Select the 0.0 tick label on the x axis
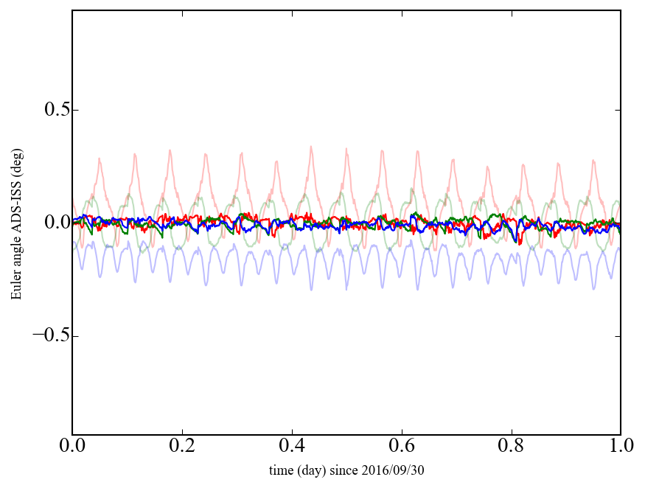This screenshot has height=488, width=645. [x=72, y=447]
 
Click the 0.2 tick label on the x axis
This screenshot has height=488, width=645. [x=182, y=447]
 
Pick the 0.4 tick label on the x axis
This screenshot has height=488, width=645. [x=292, y=447]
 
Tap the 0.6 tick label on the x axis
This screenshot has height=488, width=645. [x=402, y=447]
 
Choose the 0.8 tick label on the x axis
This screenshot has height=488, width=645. [x=511, y=447]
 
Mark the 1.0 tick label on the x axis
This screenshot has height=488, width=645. [x=620, y=447]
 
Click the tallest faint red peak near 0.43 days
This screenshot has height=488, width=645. [x=311, y=147]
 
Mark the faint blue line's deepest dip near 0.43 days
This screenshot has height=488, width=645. [x=311, y=289]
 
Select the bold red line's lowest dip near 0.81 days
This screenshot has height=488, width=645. [x=519, y=243]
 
